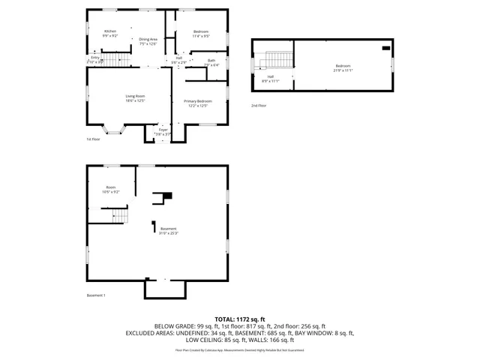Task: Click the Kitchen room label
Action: click(110, 33)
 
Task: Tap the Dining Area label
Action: click(148, 41)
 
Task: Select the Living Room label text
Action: click(135, 98)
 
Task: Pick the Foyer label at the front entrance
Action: click(163, 132)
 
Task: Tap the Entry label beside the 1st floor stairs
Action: click(95, 59)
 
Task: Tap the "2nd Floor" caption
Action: click(259, 106)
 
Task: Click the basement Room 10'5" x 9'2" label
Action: click(111, 189)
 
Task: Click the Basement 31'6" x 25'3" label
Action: click(167, 230)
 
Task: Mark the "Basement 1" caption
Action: click(96, 295)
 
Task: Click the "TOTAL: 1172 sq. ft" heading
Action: click(240, 319)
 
